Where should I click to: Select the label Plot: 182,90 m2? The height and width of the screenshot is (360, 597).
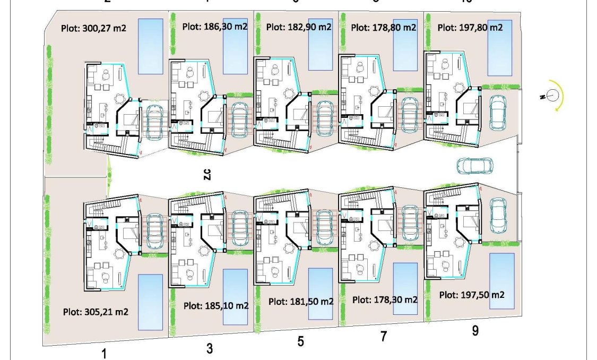299,26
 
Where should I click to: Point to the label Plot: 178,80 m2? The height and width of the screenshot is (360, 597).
384,26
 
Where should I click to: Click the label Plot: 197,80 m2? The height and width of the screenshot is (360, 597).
470,27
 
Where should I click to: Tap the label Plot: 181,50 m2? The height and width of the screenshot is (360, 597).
301,301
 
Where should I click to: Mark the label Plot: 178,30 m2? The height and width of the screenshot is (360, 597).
385,299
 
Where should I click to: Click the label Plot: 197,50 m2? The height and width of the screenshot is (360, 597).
472,295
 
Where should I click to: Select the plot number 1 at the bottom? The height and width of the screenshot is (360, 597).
104,353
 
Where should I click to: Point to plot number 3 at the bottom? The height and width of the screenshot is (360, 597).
210,348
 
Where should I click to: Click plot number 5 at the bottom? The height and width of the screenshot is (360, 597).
300,341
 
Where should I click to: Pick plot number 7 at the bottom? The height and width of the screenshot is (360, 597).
384,336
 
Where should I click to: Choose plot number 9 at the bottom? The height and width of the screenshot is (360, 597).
475,330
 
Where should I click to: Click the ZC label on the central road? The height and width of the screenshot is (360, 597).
207,175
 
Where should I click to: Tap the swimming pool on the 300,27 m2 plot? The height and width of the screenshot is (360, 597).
150,46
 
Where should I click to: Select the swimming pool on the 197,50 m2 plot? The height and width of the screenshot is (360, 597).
501,281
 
